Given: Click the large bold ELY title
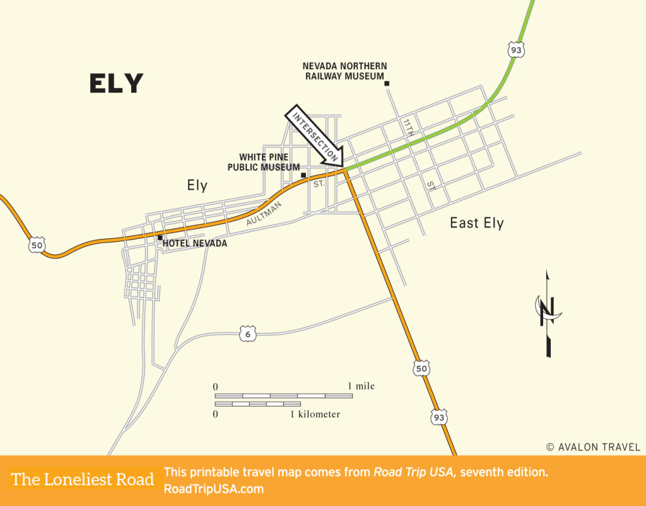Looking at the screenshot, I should point(116,83).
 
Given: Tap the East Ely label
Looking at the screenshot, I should point(476,222).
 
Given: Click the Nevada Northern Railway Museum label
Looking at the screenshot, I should point(344,71).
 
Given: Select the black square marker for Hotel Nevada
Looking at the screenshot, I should point(160,238).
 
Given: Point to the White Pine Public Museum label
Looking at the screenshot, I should point(264,163).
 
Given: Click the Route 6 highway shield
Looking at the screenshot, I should point(248,334).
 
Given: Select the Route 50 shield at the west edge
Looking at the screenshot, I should point(37,245).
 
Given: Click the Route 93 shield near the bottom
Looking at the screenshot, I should point(440,417).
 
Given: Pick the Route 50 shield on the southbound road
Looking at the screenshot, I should point(421,368).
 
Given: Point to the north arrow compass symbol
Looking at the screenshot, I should point(547,313).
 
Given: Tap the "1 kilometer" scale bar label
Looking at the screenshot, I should point(315,415).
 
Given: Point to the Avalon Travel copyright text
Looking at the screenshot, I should point(593,447).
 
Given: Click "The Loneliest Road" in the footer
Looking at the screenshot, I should point(83,480).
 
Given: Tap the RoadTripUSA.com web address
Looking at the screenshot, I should point(213,488).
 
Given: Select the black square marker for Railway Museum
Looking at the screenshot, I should point(387,83).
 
